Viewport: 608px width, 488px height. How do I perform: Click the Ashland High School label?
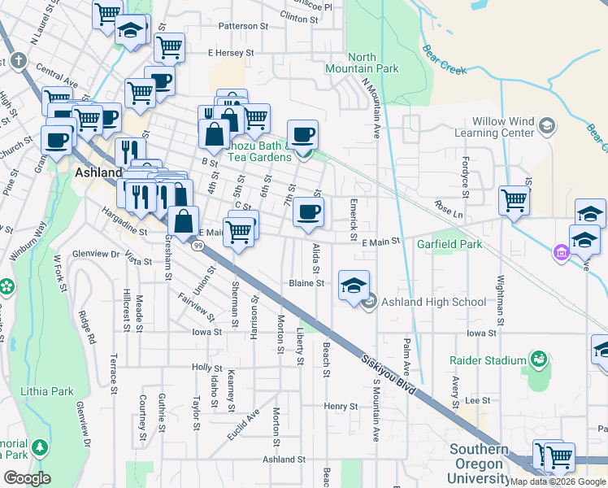coord(433,303)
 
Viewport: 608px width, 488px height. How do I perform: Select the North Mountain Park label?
coord(374,63)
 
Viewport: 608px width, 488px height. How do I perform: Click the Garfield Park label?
coord(449,244)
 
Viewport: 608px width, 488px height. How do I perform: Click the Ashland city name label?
coord(98,173)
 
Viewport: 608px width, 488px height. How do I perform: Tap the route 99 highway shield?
coord(198,244)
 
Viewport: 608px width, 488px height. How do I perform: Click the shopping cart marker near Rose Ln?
coord(514,199)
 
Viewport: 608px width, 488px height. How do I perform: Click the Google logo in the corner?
coord(27,478)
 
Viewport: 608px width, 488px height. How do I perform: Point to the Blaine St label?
coord(307,284)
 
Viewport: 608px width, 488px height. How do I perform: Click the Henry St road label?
coord(341,406)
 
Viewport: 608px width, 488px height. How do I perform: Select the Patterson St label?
coord(243,26)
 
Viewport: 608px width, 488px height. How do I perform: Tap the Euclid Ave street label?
coord(243,425)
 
